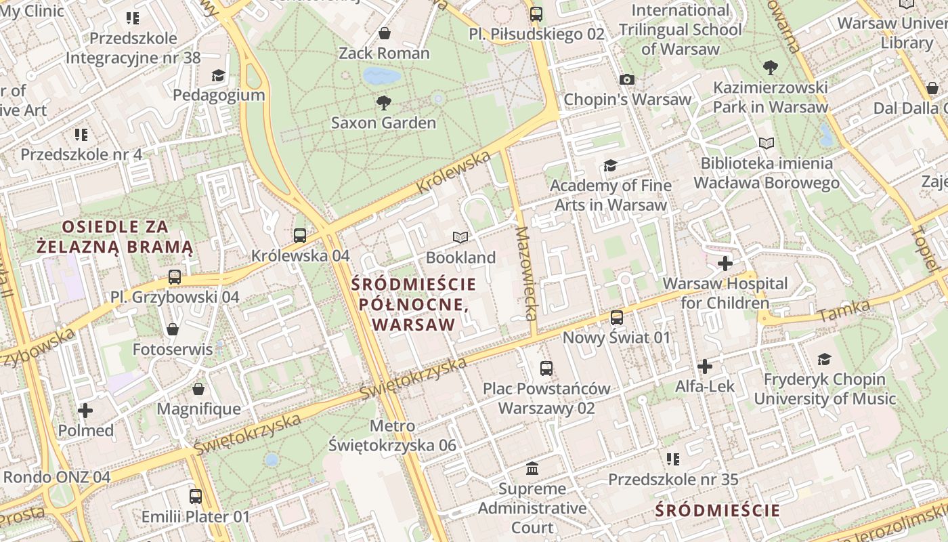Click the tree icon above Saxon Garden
click(x=383, y=103)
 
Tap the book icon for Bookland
click(x=460, y=237)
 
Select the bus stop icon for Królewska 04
click(x=300, y=236)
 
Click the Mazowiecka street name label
click(x=526, y=273)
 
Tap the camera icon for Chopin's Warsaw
click(x=627, y=80)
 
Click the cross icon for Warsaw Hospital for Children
click(x=725, y=264)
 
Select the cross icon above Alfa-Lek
click(x=705, y=367)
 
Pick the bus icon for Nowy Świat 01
click(x=617, y=318)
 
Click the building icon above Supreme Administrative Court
click(x=532, y=469)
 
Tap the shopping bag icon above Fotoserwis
click(x=173, y=329)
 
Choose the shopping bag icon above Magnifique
click(x=198, y=389)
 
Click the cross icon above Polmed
click(x=85, y=411)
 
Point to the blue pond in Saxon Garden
click(x=381, y=75)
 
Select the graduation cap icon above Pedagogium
click(x=218, y=75)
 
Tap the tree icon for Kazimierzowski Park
click(x=770, y=68)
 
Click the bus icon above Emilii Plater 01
click(x=196, y=497)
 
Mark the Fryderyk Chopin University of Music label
click(x=825, y=389)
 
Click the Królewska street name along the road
click(x=454, y=172)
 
